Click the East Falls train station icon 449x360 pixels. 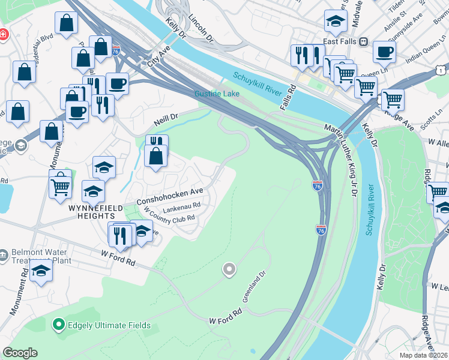(x=363, y=42)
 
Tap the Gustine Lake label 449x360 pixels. (x=217, y=94)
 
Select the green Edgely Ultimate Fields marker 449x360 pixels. (x=58, y=326)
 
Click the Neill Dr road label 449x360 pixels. (x=166, y=119)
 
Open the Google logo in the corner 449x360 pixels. (x=20, y=353)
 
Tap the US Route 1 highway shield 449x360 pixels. (x=441, y=70)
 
